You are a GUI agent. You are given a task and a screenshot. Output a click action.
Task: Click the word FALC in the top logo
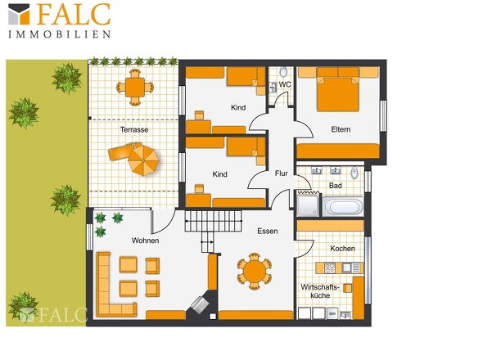click(74, 14)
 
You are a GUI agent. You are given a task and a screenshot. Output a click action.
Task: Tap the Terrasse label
click(134, 129)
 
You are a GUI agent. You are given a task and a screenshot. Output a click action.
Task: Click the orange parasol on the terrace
click(143, 160)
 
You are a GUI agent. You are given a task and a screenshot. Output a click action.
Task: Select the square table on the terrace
click(135, 88)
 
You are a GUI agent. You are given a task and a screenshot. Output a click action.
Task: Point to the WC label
click(285, 84)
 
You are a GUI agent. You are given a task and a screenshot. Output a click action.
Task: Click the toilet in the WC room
click(283, 72)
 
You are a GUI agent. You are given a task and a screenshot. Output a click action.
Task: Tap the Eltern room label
click(341, 129)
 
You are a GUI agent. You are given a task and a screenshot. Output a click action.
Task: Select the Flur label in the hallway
click(282, 173)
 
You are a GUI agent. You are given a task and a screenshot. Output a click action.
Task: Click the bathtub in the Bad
click(343, 207)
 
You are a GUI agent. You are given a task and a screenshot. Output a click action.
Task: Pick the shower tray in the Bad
click(308, 205)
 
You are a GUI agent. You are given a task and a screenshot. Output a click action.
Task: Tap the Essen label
click(268, 231)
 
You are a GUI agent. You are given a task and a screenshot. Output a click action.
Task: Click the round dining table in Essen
click(255, 272)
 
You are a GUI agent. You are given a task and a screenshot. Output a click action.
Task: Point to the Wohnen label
click(145, 241)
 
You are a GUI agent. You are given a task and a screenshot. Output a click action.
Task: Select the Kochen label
click(342, 248)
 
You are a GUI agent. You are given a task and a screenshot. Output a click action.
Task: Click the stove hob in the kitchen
click(330, 268)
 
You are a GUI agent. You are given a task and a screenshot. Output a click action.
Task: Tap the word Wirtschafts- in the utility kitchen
click(320, 287)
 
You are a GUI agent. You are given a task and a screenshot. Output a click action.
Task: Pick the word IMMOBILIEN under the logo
click(60, 34)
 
